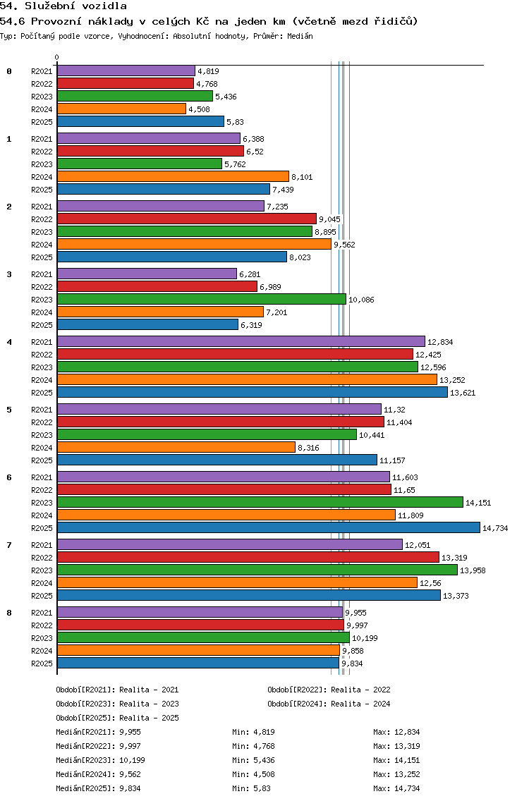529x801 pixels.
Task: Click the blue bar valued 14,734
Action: point(268,527)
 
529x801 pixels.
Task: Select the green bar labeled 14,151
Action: point(260,502)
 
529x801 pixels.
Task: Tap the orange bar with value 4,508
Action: point(121,109)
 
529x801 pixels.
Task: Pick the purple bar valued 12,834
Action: point(241,341)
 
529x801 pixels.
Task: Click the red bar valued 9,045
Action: point(186,219)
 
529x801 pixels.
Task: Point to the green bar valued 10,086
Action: point(201,299)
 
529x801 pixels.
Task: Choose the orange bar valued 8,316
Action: point(176,447)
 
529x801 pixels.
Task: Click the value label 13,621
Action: point(463,393)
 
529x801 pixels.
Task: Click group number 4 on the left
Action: point(9,342)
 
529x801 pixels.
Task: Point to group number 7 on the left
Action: point(9,545)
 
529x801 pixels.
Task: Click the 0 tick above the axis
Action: point(57,57)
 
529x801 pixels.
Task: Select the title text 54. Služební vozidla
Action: point(63,6)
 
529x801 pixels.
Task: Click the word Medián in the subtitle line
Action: point(300,35)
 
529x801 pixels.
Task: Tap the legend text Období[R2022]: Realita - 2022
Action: point(329,690)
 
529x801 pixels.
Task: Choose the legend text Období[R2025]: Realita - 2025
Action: point(117,718)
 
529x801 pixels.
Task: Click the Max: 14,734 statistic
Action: point(396,788)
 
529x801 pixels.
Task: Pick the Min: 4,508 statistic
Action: point(255,774)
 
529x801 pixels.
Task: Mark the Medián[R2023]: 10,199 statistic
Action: point(100,760)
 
